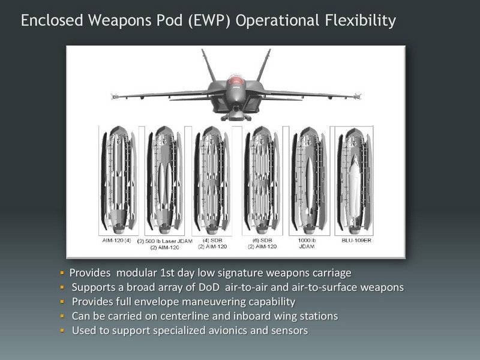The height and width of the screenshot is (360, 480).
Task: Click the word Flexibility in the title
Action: coord(361,20)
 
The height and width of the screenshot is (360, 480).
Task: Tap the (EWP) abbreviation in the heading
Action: coord(209,20)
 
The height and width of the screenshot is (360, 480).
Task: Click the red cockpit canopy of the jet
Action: coord(235,80)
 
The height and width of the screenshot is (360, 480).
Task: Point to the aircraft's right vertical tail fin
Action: coord(263,65)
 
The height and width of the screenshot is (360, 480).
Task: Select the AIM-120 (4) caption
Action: coord(116,241)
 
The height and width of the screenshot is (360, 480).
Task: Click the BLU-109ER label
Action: coord(356,241)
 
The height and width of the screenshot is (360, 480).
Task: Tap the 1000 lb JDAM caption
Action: coord(307,244)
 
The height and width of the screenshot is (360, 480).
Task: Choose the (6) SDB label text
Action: coord(262,241)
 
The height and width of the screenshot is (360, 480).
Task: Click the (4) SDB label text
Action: coord(212,241)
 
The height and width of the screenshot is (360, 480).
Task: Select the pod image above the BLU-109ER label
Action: coord(354,181)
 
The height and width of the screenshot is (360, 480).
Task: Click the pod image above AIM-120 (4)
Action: coord(118,181)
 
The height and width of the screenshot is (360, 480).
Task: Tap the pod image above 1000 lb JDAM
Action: coord(309,181)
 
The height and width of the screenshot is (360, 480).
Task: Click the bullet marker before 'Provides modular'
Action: coord(62,272)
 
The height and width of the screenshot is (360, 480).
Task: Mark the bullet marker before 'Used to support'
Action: coord(62,331)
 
